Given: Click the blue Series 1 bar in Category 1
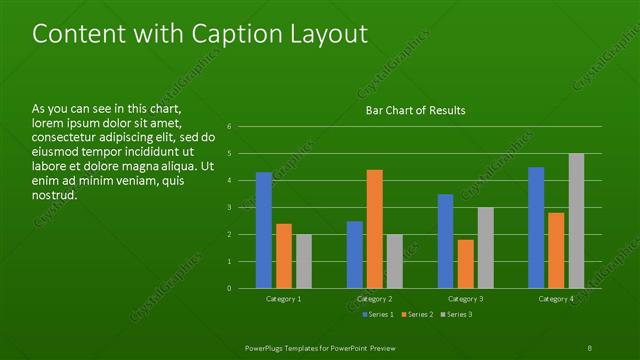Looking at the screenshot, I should [x=264, y=230].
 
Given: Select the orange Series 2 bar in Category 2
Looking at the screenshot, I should [x=375, y=229].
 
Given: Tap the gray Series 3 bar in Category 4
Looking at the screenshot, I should [x=576, y=221].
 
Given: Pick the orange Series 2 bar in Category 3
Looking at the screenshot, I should [x=466, y=264].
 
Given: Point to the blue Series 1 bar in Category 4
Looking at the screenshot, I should [x=536, y=228].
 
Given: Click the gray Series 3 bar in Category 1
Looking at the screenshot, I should [x=304, y=261].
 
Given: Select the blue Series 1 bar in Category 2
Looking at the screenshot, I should [x=355, y=254].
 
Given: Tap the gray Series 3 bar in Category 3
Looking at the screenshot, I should [x=486, y=248].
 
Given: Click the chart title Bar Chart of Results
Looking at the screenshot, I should [x=410, y=110].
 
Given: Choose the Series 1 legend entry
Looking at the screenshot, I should [x=376, y=315].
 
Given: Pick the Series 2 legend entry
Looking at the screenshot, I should [x=416, y=315].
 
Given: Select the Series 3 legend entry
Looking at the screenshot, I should [x=456, y=315].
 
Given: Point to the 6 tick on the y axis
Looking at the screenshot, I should [x=230, y=127].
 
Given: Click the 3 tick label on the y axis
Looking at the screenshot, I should [x=230, y=208].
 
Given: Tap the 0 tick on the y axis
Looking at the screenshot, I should [x=230, y=288].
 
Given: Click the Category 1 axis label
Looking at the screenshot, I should [x=284, y=299].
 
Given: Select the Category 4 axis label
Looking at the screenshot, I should [x=556, y=299].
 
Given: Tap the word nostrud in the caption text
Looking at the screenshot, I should [x=55, y=195].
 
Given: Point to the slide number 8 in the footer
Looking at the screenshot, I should [x=590, y=346].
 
